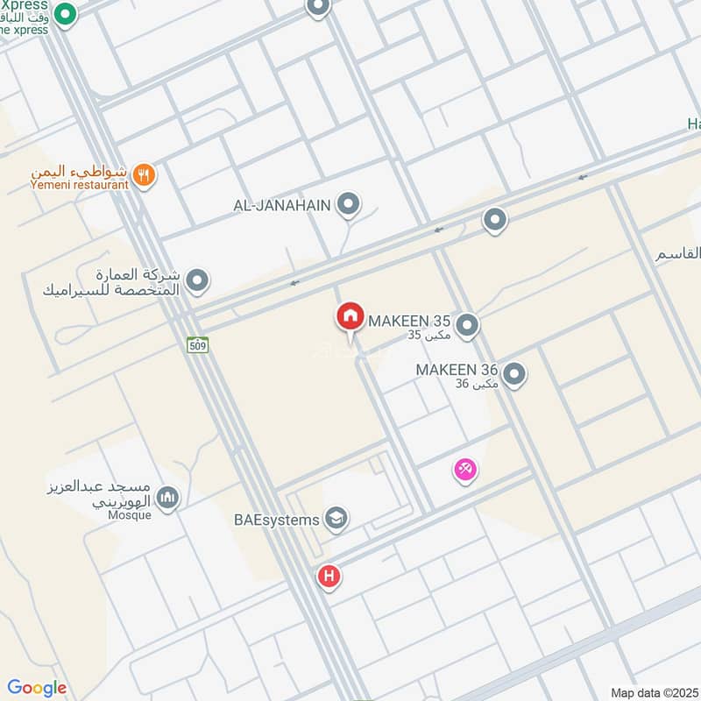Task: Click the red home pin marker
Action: click(x=350, y=315)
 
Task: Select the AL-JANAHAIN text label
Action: click(x=282, y=205)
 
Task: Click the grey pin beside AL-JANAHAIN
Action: click(x=349, y=205)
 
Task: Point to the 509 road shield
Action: click(x=197, y=345)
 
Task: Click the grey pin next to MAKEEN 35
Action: click(x=468, y=327)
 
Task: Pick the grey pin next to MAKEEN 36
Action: click(x=514, y=375)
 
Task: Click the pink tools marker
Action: click(x=465, y=471)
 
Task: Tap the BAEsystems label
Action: click(x=278, y=520)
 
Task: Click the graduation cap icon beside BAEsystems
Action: click(x=336, y=519)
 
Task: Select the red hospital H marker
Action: click(x=329, y=577)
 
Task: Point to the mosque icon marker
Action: click(x=167, y=499)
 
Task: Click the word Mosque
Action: click(x=131, y=515)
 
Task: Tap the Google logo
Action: click(x=37, y=688)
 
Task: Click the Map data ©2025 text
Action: click(x=653, y=692)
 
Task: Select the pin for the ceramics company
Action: click(x=198, y=280)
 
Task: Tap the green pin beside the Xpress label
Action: click(x=64, y=14)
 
